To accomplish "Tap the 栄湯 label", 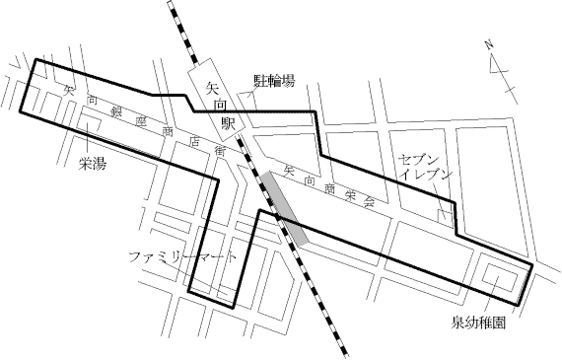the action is pyautogui.click(x=93, y=164).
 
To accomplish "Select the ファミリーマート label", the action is pyautogui.click(x=183, y=257).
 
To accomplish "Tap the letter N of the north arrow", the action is pyautogui.click(x=490, y=43).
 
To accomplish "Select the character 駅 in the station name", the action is pyautogui.click(x=228, y=125).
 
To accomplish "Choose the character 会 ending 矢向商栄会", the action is pyautogui.click(x=369, y=201).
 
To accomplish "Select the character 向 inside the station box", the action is pyautogui.click(x=219, y=107).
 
